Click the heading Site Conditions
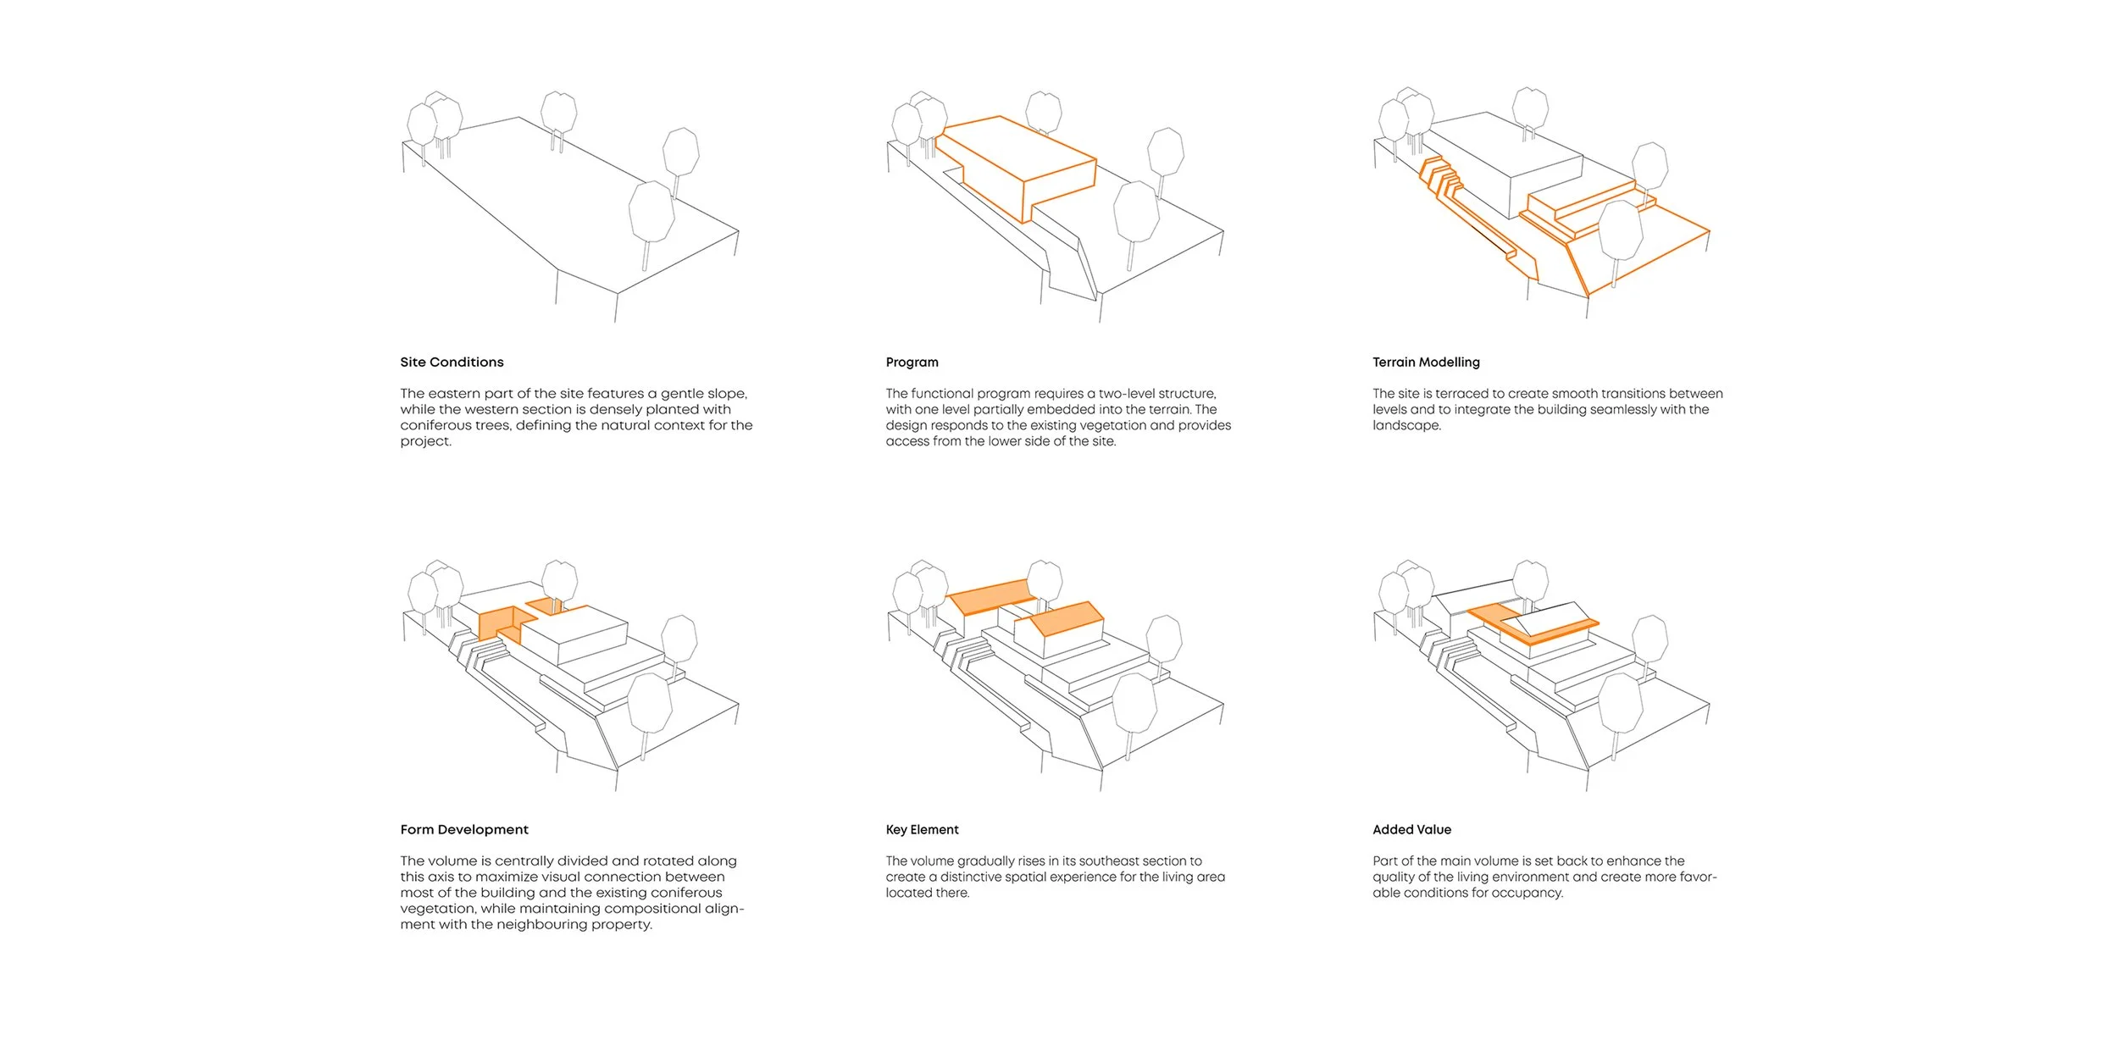tap(452, 362)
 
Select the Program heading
tap(912, 362)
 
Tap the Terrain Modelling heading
tap(1426, 362)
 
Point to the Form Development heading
tap(464, 830)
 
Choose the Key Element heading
tap(922, 830)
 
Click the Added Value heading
tap(1411, 830)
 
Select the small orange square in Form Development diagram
tap(541, 605)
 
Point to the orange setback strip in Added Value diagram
tap(1533, 625)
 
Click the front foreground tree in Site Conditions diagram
tap(651, 213)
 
